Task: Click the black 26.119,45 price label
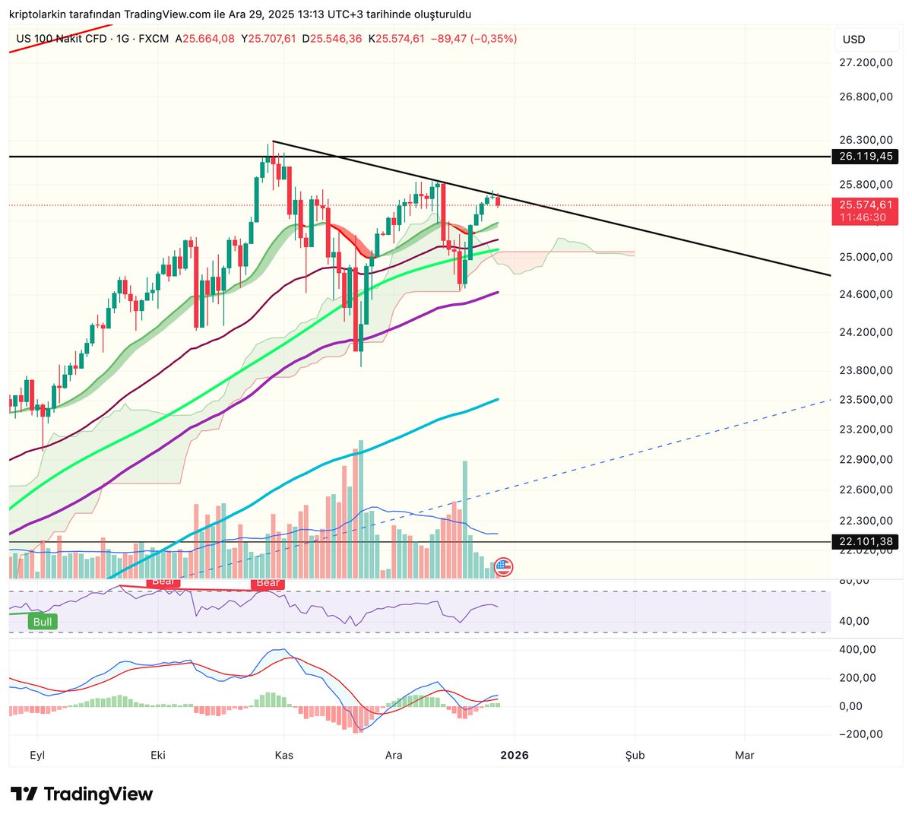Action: coord(864,157)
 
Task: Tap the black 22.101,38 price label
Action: coord(864,542)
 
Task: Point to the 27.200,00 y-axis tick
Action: coord(866,62)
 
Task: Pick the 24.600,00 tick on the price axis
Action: coord(866,294)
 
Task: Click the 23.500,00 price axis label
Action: coord(866,399)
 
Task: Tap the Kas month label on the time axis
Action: coord(284,755)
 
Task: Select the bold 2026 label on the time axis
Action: coord(515,755)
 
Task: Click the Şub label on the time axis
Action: coord(635,755)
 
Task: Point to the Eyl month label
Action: coord(37,755)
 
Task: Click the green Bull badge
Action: coord(43,622)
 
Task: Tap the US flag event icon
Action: coord(503,567)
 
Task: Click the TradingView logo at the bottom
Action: coord(82,794)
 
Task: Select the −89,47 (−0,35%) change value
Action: coord(473,39)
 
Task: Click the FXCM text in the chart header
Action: coord(154,39)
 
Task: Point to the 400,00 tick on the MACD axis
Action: coord(857,649)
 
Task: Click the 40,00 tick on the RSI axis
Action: coord(853,621)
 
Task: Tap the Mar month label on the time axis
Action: coord(745,755)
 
